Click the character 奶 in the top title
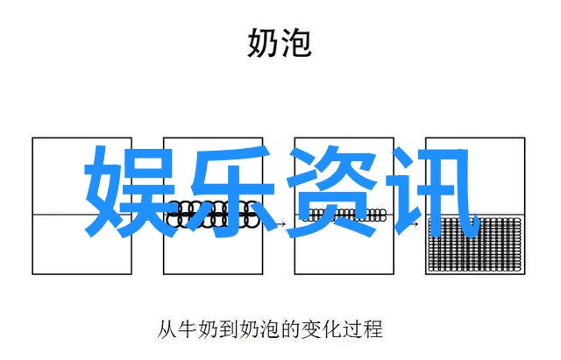tap(262, 43)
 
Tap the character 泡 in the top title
tap(296, 43)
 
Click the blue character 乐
tap(230, 192)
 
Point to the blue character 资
tap(331, 192)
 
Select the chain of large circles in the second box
tap(213, 215)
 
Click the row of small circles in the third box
tap(344, 215)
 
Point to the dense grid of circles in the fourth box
tap(475, 244)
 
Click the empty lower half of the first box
tap(82, 244)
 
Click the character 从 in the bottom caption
tap(167, 329)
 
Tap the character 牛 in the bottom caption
tap(188, 329)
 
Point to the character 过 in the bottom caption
tap(352, 329)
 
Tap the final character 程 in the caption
tap(373, 329)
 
